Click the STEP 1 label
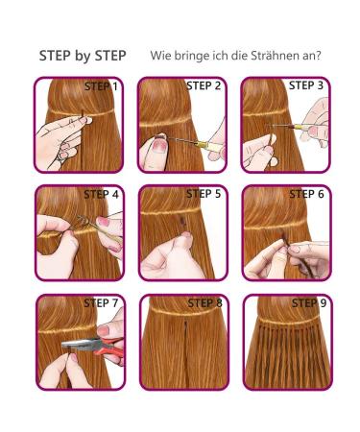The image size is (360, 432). point(101,86)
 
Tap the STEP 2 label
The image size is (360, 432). point(204,86)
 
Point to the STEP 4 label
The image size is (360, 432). point(101,194)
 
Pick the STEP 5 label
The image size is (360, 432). point(204,194)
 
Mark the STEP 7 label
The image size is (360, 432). point(101,303)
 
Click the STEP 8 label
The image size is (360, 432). point(204,303)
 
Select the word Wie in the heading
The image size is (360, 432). point(161,56)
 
